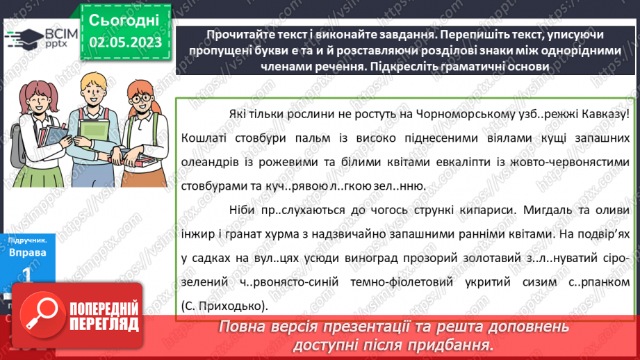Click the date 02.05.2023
coord(125,42)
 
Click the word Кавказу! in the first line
coord(605,113)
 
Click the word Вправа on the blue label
coord(28,252)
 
